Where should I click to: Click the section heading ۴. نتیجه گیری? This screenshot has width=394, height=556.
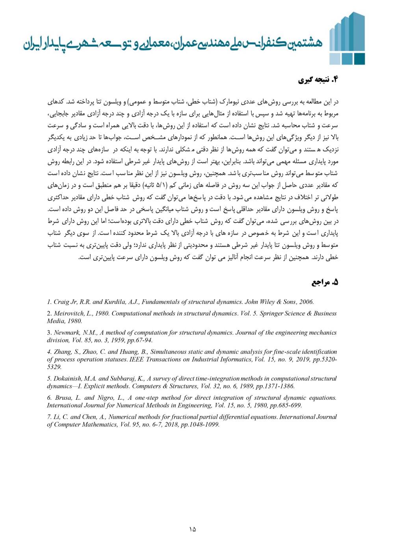[x=318, y=80]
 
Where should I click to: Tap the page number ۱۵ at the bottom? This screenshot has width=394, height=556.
[x=192, y=529]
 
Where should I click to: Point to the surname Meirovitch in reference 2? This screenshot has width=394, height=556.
[x=67, y=314]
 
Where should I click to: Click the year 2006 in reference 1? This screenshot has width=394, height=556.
[x=306, y=302]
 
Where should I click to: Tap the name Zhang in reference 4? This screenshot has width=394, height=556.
[x=61, y=352]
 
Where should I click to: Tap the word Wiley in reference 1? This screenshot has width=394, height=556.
[x=271, y=302]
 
